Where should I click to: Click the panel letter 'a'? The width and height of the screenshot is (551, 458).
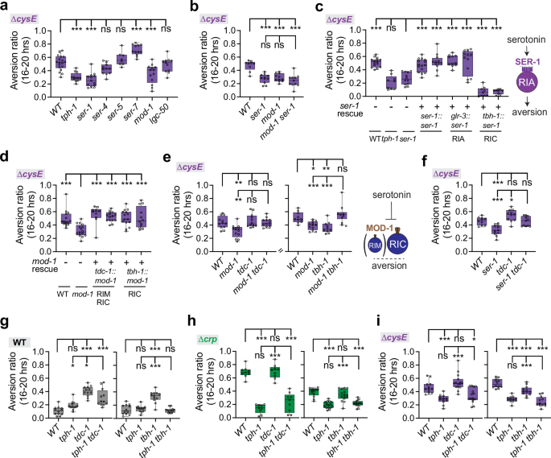coord(6,6)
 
